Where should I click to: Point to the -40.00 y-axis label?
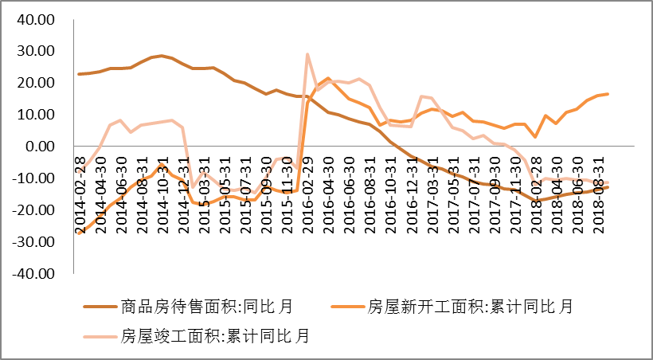pos(34,273)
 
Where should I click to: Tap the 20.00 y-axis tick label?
pos(37,83)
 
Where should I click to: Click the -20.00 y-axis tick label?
pos(34,209)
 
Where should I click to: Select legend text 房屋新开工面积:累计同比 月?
pos(470,307)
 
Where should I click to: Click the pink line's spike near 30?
pos(307,54)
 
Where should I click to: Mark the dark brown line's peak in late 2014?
pos(162,56)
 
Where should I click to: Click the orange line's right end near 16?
pos(608,94)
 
